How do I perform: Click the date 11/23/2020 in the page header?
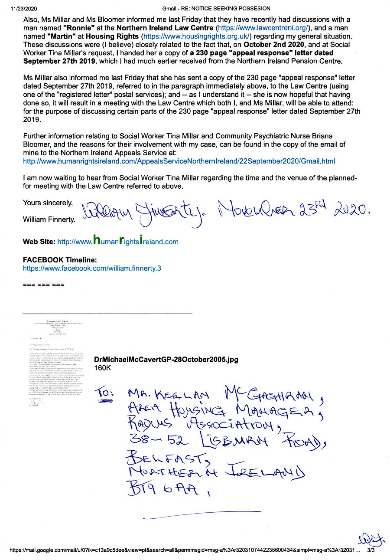(22, 8)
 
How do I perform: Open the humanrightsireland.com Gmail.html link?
(179, 161)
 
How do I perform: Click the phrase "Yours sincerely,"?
(48, 203)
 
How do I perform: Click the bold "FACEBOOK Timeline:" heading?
(60, 260)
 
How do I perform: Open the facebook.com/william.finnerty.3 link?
(92, 268)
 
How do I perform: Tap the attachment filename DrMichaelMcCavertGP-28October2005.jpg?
(166, 360)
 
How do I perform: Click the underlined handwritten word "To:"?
(105, 394)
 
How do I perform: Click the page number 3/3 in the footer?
(371, 550)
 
